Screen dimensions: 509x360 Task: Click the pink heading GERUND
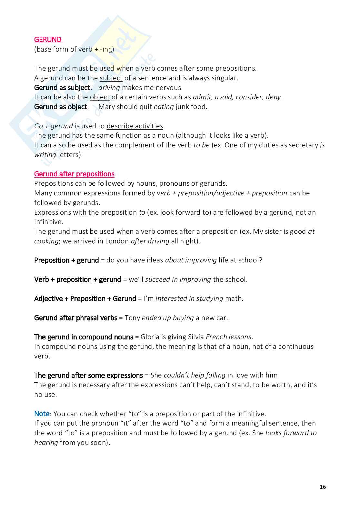pyautogui.click(x=48, y=40)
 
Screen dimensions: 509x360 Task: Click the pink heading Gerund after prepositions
pyautogui.click(x=74, y=174)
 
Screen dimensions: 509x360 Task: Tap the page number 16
pyautogui.click(x=323, y=487)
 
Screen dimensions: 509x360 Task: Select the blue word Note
pyautogui.click(x=42, y=414)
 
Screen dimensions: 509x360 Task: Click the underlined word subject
pyautogui.click(x=111, y=78)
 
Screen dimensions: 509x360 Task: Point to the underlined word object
pyautogui.click(x=100, y=97)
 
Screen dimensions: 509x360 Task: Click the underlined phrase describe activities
pyautogui.click(x=135, y=126)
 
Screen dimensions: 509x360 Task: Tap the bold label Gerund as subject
pyautogui.click(x=62, y=88)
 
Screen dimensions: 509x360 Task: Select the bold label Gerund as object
pyautogui.click(x=61, y=107)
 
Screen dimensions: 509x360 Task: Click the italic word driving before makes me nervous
pyautogui.click(x=109, y=88)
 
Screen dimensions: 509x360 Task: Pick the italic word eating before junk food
pyautogui.click(x=164, y=107)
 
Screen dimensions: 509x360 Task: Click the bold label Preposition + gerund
pyautogui.click(x=66, y=260)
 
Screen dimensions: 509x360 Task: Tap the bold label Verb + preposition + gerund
pyautogui.click(x=77, y=279)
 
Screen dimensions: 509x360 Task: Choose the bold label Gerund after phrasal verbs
pyautogui.click(x=75, y=318)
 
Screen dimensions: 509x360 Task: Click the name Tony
pyautogui.click(x=132, y=318)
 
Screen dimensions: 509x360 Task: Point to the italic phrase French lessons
pyautogui.click(x=228, y=337)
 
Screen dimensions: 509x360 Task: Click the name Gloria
pyautogui.click(x=150, y=337)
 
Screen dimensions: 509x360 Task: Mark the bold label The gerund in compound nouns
pyautogui.click(x=84, y=337)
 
